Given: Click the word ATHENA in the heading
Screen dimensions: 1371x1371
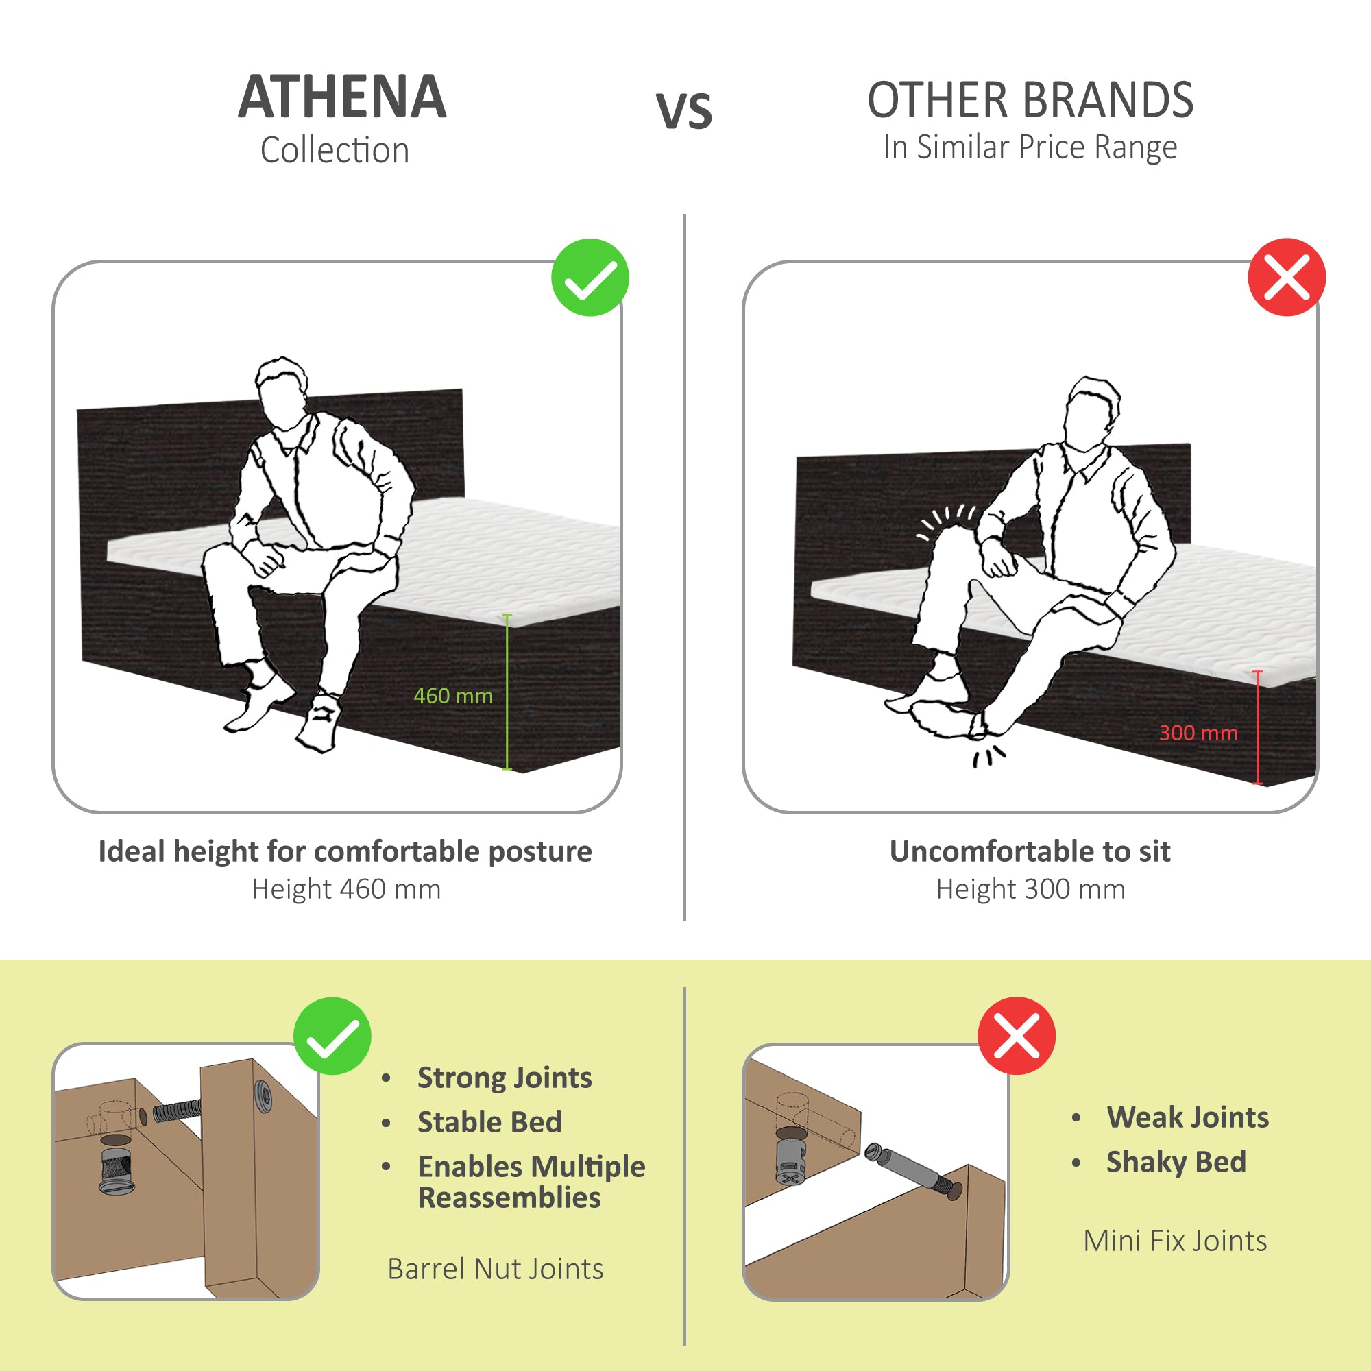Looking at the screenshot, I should tap(342, 97).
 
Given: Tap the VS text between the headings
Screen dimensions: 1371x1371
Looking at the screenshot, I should tap(683, 112).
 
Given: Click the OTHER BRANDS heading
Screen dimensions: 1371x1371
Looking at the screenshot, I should tap(1030, 100).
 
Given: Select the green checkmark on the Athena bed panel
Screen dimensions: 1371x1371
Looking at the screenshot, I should tap(590, 278).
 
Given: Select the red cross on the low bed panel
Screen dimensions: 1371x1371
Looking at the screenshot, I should tap(1286, 277).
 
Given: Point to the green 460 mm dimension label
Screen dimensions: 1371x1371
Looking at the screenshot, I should tap(452, 695).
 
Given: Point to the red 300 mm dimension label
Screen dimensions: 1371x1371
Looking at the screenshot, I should tap(1198, 732).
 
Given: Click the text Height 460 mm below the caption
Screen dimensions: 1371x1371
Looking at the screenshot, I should tap(345, 888).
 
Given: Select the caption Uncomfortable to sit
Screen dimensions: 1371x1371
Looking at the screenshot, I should tap(1030, 851).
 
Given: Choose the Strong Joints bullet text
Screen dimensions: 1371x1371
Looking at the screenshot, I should tap(504, 1077).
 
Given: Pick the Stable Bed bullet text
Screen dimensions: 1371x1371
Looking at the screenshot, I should tap(489, 1122).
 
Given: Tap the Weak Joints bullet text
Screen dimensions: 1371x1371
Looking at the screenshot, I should tap(1187, 1117).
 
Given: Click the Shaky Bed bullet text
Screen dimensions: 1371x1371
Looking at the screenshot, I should tap(1176, 1162).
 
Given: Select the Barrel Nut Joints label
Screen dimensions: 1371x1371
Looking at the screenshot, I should tap(496, 1269).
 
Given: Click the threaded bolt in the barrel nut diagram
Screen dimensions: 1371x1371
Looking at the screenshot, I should tap(178, 1109).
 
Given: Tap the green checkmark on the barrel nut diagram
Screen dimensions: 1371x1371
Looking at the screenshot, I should tap(332, 1036).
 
